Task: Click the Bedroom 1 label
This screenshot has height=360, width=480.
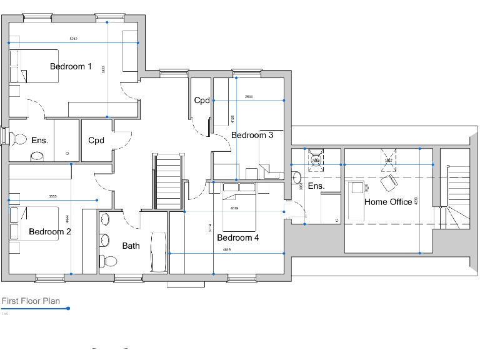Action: click(x=71, y=66)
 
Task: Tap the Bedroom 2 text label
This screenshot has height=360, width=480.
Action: click(x=49, y=232)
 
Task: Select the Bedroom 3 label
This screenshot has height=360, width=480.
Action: click(x=252, y=135)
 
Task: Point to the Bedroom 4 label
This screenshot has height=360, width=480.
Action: click(x=237, y=237)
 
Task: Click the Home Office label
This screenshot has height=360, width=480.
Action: click(x=388, y=202)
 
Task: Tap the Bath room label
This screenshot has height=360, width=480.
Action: click(x=131, y=246)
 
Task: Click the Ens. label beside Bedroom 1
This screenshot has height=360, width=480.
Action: click(x=39, y=140)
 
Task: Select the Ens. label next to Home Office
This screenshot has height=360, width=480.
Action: click(x=316, y=186)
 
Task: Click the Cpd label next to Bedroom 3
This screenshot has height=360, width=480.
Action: click(x=201, y=100)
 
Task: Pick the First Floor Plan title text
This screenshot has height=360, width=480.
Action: click(x=31, y=301)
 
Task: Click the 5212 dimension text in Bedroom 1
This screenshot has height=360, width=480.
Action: click(x=73, y=39)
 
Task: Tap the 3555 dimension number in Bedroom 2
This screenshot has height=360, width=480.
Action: click(x=52, y=196)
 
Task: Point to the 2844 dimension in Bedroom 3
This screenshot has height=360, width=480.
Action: click(x=249, y=97)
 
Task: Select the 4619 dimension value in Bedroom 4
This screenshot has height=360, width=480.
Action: click(x=227, y=250)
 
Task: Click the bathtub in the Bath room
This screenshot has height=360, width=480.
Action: click(x=159, y=252)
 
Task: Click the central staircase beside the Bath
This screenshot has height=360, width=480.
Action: click(x=168, y=181)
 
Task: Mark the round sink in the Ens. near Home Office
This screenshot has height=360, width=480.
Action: click(x=295, y=176)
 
